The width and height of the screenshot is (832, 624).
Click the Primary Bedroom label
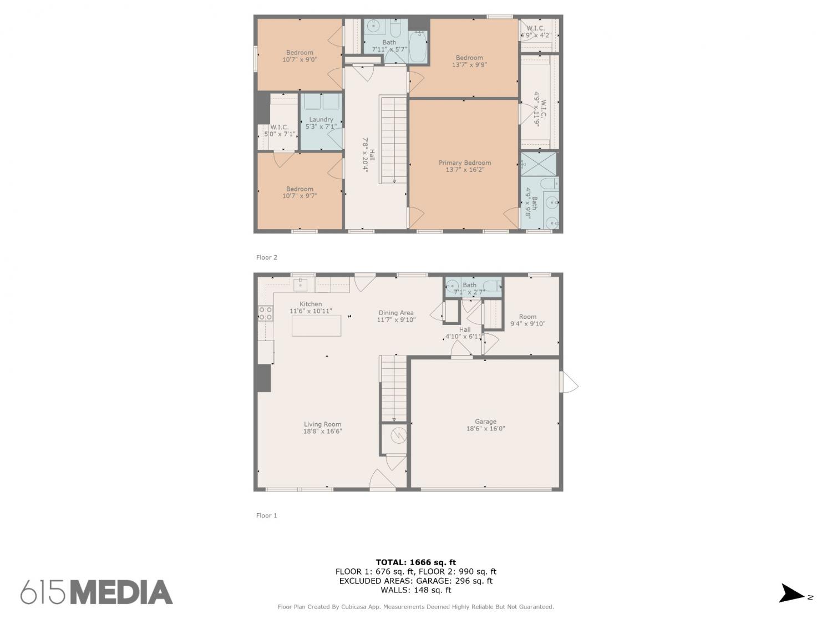(x=465, y=163)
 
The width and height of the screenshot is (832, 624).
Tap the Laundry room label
(x=321, y=119)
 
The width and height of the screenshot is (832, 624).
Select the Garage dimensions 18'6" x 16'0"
(x=485, y=429)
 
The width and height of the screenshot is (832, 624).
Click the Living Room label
(x=322, y=424)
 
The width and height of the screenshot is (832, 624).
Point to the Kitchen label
(x=311, y=304)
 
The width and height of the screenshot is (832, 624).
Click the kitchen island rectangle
(x=316, y=326)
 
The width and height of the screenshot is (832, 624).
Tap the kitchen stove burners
(x=265, y=313)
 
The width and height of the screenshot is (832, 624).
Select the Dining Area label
(x=396, y=313)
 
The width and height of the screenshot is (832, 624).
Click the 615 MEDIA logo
(x=97, y=592)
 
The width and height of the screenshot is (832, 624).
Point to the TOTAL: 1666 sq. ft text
(x=416, y=562)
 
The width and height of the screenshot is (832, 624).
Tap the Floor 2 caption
(x=266, y=257)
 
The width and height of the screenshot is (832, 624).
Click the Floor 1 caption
(x=266, y=515)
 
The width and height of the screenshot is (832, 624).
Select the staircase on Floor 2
(x=393, y=140)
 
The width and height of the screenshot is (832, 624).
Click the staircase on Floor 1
(x=393, y=388)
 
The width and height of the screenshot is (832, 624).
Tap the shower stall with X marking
(x=539, y=164)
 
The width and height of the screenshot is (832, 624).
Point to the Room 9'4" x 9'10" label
(x=527, y=320)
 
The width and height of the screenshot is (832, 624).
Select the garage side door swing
(x=569, y=382)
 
